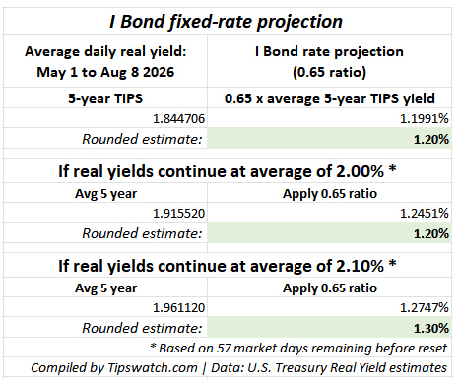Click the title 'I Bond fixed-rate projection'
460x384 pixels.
[x=226, y=22]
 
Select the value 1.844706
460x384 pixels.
[x=178, y=118]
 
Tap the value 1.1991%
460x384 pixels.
[x=425, y=118]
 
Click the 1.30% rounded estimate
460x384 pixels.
[x=431, y=328]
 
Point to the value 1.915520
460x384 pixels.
[x=178, y=214]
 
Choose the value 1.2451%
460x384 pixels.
[x=425, y=214]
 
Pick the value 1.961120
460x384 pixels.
[x=178, y=308]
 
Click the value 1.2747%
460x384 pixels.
[x=425, y=308]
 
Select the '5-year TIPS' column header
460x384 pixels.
[x=105, y=98]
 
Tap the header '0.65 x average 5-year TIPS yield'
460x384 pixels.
[x=330, y=98]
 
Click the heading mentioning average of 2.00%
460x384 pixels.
[x=228, y=171]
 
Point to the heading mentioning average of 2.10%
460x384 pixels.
[x=228, y=266]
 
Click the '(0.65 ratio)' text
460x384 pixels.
[x=329, y=72]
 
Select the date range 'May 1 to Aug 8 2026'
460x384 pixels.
[x=105, y=72]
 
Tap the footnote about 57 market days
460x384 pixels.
[x=298, y=348]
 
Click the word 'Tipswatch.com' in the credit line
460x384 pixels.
[x=153, y=368]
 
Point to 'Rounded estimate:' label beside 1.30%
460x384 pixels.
[x=142, y=328]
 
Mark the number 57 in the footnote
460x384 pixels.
[x=224, y=348]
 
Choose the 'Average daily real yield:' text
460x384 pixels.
[x=105, y=51]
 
